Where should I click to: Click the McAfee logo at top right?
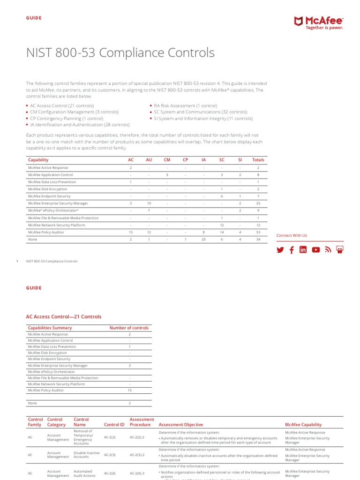(318, 22)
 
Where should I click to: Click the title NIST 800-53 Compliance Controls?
(120, 53)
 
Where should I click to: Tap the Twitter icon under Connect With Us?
(280, 250)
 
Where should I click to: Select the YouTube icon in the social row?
(316, 250)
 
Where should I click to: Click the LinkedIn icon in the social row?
(303, 250)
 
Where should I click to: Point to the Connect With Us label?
(292, 235)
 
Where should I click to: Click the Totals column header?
(258, 160)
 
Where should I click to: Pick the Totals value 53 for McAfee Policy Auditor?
(258, 232)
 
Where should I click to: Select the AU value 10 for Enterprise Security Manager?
(149, 203)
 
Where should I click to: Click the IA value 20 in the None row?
(203, 240)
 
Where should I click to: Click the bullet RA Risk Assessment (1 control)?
(182, 106)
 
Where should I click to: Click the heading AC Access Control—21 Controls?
(64, 317)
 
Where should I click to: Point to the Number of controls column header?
(129, 328)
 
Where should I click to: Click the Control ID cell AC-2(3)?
(110, 455)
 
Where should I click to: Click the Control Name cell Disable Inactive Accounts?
(87, 455)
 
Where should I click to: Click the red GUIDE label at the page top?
(34, 18)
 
